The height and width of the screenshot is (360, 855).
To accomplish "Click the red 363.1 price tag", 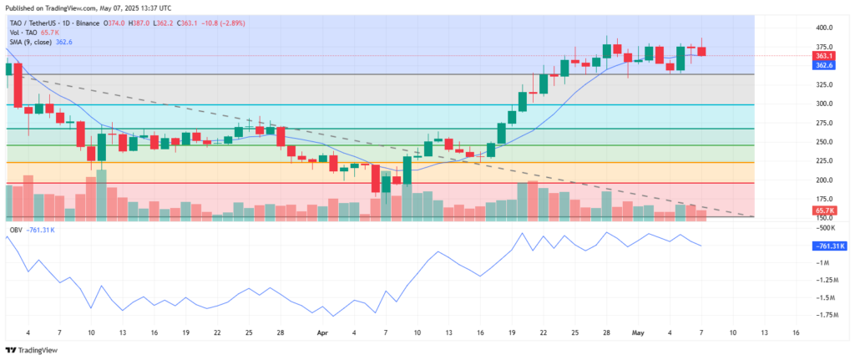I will (822, 56).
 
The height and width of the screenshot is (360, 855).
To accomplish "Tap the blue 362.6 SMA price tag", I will (822, 64).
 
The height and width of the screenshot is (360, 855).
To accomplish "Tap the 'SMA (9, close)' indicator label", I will (28, 41).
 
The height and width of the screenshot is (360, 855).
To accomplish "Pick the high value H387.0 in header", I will (138, 23).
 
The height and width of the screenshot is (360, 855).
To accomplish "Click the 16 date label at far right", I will (795, 332).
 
